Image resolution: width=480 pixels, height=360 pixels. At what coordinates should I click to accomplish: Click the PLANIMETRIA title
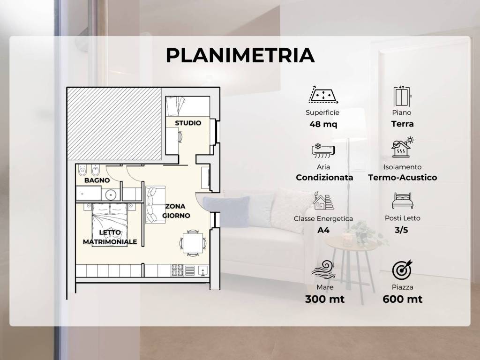tap(240, 55)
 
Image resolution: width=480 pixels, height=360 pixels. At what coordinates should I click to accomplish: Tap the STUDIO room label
tap(188, 123)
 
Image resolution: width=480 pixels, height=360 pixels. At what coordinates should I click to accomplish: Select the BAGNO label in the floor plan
tap(97, 180)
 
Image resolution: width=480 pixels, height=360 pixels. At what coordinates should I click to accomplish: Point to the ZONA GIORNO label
tap(176, 211)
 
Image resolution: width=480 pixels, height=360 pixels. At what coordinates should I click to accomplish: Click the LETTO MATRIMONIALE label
tap(110, 237)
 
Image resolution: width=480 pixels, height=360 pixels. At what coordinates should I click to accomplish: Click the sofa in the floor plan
tap(155, 204)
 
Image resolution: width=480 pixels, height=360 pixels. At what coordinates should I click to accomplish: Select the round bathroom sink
tap(111, 194)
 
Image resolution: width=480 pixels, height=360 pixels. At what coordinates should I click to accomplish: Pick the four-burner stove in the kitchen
tap(177, 270)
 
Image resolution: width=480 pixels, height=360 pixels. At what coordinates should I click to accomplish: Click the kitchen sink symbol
tap(203, 270)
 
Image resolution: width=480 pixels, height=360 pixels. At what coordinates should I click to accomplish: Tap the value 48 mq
tap(323, 124)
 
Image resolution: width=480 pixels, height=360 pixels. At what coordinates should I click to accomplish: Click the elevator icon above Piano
tap(402, 96)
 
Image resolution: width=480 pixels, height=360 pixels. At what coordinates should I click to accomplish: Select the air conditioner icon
tap(323, 150)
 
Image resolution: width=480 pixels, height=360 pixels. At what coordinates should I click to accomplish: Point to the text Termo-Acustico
tap(403, 178)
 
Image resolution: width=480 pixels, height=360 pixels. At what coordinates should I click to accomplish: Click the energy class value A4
tap(323, 230)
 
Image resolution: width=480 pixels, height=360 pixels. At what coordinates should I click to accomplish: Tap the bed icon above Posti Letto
tap(403, 201)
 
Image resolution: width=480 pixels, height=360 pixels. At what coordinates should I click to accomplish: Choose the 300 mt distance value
tap(325, 299)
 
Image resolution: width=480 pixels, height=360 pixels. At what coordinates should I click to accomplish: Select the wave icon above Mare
tap(323, 270)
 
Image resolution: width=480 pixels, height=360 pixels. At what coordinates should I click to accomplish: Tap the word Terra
tap(403, 124)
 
